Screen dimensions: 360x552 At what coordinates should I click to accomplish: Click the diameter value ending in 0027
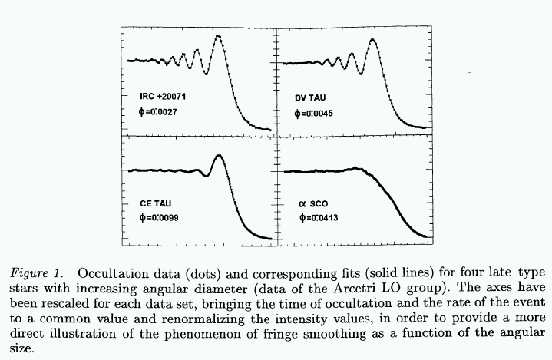(x=156, y=114)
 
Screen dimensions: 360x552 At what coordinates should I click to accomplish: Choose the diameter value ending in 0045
(x=314, y=114)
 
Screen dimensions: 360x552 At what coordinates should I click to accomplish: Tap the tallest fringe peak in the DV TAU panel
(x=373, y=39)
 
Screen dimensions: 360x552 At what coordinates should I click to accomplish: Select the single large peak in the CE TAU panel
(x=220, y=156)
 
